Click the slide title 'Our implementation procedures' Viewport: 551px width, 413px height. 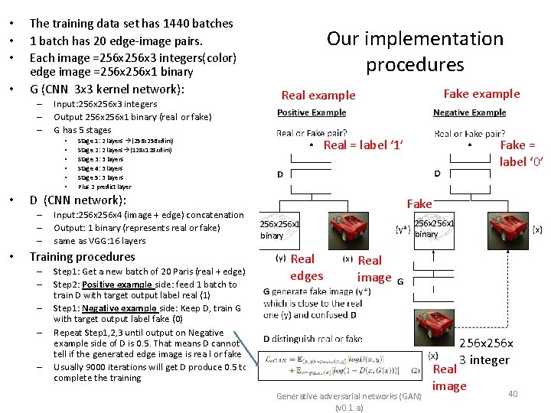pyautogui.click(x=415, y=51)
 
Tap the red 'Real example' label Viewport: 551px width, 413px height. pyautogui.click(x=318, y=96)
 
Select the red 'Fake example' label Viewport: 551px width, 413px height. pyautogui.click(x=481, y=93)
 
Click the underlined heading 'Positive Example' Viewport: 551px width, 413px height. pyautogui.click(x=311, y=112)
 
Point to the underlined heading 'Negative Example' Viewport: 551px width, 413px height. pyautogui.click(x=469, y=112)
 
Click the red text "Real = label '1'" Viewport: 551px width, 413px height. pyautogui.click(x=364, y=145)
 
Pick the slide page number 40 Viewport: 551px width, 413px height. pyautogui.click(x=513, y=394)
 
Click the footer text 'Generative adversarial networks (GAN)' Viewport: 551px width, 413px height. pyautogui.click(x=348, y=396)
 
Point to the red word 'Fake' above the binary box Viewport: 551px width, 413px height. pyautogui.click(x=419, y=203)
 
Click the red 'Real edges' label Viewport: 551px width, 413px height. pyautogui.click(x=306, y=268)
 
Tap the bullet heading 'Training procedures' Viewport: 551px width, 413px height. pyautogui.click(x=82, y=257)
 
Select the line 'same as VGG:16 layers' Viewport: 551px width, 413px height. pyautogui.click(x=99, y=241)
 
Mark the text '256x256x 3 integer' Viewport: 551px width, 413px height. pyautogui.click(x=486, y=352)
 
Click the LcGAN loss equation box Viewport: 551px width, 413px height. pyautogui.click(x=341, y=364)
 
